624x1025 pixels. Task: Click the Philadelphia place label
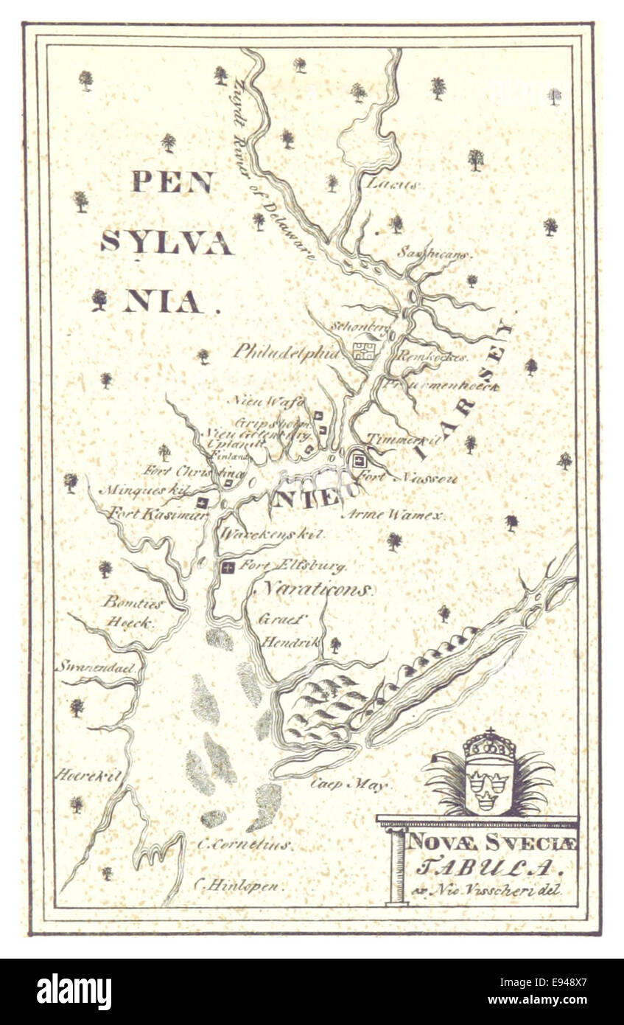click(287, 352)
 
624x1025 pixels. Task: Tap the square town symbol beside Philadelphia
click(362, 350)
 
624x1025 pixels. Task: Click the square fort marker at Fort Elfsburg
click(228, 567)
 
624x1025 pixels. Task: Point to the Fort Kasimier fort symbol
click(203, 502)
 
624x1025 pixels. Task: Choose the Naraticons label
click(318, 590)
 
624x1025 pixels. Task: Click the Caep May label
click(348, 785)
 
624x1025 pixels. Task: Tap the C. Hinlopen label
click(238, 886)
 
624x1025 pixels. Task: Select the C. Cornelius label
click(245, 844)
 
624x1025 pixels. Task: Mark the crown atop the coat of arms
click(488, 746)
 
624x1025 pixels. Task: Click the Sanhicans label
click(434, 254)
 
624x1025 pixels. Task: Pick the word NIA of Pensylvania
click(163, 302)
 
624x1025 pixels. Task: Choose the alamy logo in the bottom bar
click(74, 992)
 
